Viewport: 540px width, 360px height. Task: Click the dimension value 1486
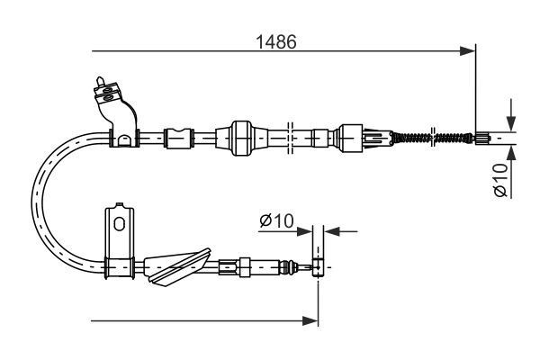click(276, 41)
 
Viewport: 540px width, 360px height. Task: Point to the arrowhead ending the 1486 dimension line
click(468, 51)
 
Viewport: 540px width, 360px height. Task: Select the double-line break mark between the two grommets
click(291, 138)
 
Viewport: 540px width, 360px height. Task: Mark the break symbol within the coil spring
click(436, 138)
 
